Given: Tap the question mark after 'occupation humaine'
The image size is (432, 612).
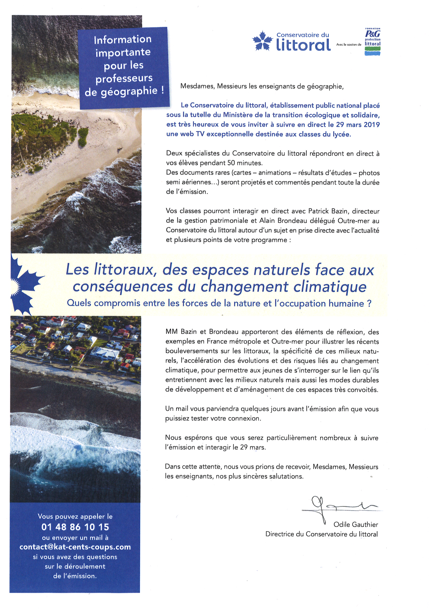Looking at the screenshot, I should (369, 303).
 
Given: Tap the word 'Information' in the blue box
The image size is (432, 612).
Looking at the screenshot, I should (122, 40).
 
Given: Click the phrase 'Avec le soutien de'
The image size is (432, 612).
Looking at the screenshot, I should (349, 45).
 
